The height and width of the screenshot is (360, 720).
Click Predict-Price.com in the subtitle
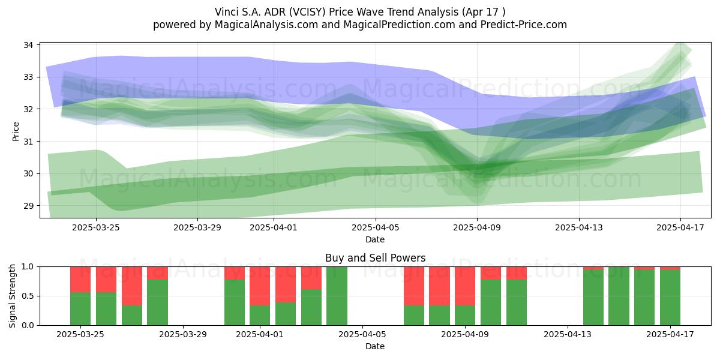(x=524, y=25)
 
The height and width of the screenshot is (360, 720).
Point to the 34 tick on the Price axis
(x=28, y=45)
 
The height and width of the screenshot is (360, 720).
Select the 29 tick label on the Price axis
(x=28, y=206)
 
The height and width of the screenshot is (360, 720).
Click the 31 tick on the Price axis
(x=28, y=142)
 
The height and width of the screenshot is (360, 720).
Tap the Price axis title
(x=16, y=131)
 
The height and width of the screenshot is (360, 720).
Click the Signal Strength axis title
(x=12, y=296)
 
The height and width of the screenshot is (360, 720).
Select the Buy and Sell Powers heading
(x=375, y=258)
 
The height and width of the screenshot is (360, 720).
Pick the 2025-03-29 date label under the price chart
(x=197, y=227)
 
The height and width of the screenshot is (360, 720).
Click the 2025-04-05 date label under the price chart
(x=376, y=227)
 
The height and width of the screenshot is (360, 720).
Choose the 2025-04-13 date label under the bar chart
(x=568, y=334)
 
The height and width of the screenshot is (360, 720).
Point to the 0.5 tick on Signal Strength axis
(x=28, y=296)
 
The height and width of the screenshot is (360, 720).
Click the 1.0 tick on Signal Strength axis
(x=28, y=267)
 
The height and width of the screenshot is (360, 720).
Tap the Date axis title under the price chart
(x=375, y=239)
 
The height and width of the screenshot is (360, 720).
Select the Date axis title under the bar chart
(x=375, y=346)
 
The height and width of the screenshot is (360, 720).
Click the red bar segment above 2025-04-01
(x=260, y=286)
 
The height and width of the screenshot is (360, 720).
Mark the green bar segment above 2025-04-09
(x=465, y=315)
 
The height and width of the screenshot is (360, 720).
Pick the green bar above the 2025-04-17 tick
(x=670, y=298)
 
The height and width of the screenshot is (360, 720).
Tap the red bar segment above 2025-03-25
(x=80, y=280)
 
